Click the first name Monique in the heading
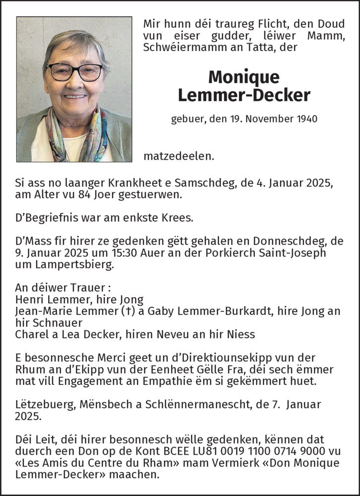coord(243,77)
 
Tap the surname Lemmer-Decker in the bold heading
coord(243,95)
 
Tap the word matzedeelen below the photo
coord(179,156)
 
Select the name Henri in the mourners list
coord(28,300)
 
